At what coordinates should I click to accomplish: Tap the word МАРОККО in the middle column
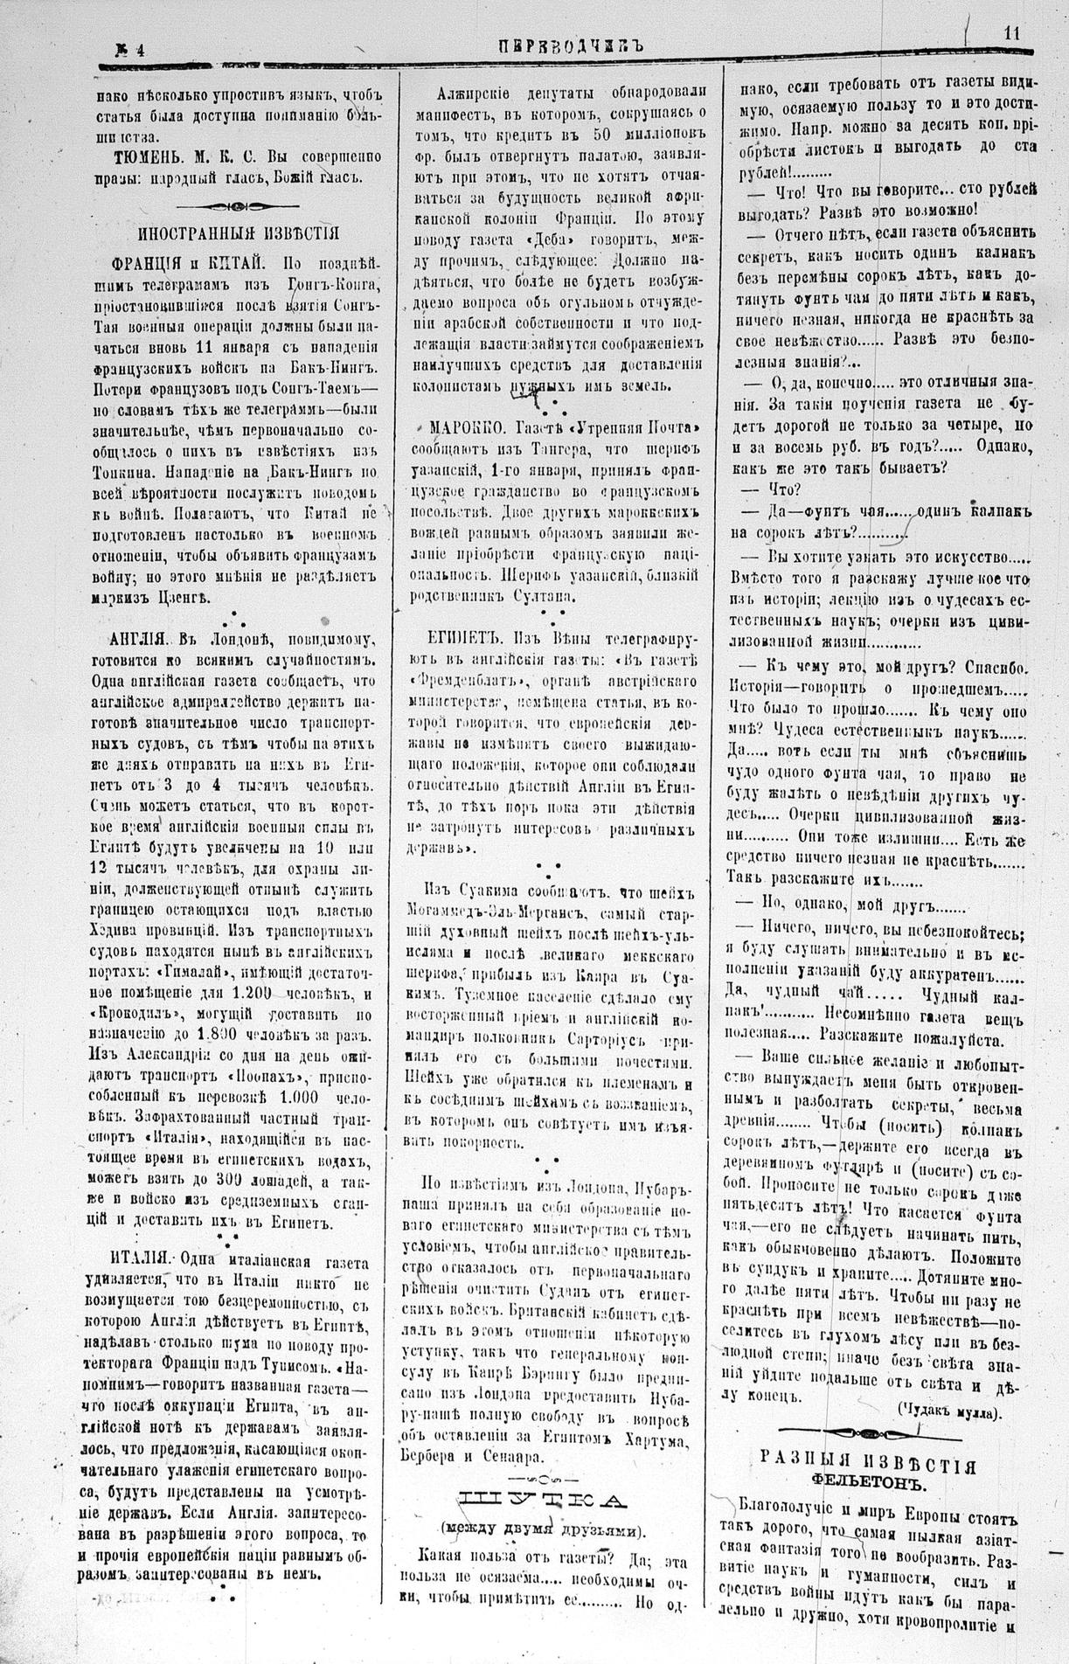(465, 428)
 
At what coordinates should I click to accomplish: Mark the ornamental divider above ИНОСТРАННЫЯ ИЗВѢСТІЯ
(239, 206)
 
